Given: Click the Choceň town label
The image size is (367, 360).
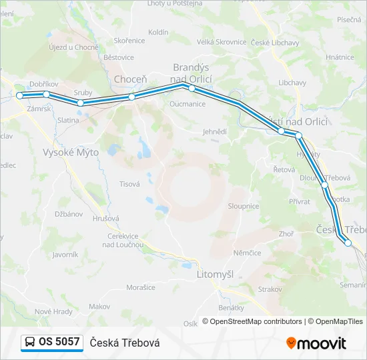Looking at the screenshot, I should (x=130, y=79).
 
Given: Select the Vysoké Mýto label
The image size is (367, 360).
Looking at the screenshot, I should (x=71, y=152).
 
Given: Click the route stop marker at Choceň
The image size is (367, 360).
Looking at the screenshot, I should (x=131, y=97).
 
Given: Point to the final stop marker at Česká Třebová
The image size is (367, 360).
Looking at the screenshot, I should (x=348, y=243).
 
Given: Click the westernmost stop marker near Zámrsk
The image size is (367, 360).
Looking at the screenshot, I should (x=19, y=96).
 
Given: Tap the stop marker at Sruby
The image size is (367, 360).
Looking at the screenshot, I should (x=80, y=103).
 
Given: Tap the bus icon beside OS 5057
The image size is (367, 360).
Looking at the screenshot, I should (x=31, y=342).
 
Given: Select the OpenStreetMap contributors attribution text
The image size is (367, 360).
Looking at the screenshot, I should (x=256, y=321).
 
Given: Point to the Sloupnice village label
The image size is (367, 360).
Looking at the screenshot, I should (x=243, y=207).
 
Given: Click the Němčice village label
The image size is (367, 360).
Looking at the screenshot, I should (x=248, y=253).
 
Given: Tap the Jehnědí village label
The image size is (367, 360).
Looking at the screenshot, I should (x=215, y=132).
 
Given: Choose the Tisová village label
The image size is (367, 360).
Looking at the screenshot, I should (x=129, y=184).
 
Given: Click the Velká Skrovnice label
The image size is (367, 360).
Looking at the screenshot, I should (x=222, y=41).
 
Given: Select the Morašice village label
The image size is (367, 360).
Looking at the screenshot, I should (x=141, y=287).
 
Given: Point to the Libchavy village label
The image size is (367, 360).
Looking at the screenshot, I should (x=292, y=83).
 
